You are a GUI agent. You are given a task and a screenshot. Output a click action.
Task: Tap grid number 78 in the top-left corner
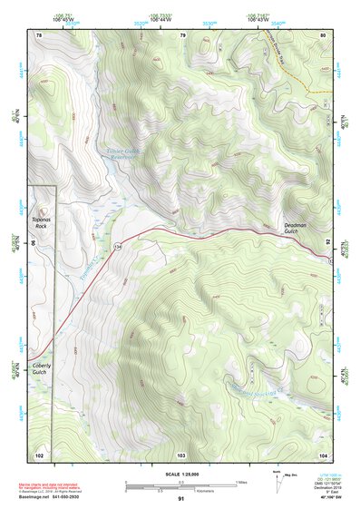tap(39, 34)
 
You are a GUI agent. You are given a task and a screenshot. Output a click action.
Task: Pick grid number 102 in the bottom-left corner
tap(39, 454)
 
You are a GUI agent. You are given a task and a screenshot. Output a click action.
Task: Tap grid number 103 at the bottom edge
tap(181, 454)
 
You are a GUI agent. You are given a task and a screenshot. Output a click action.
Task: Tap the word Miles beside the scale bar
tap(241, 482)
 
